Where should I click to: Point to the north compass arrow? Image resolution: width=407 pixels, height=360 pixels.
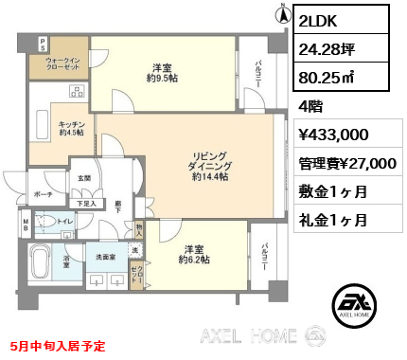pyautogui.click(x=281, y=14)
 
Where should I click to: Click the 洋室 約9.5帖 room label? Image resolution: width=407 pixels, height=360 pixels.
pyautogui.click(x=162, y=73)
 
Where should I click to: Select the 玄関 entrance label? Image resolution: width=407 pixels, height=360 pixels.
pyautogui.click(x=83, y=177)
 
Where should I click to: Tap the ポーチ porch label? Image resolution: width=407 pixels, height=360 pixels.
pyautogui.click(x=43, y=193)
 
